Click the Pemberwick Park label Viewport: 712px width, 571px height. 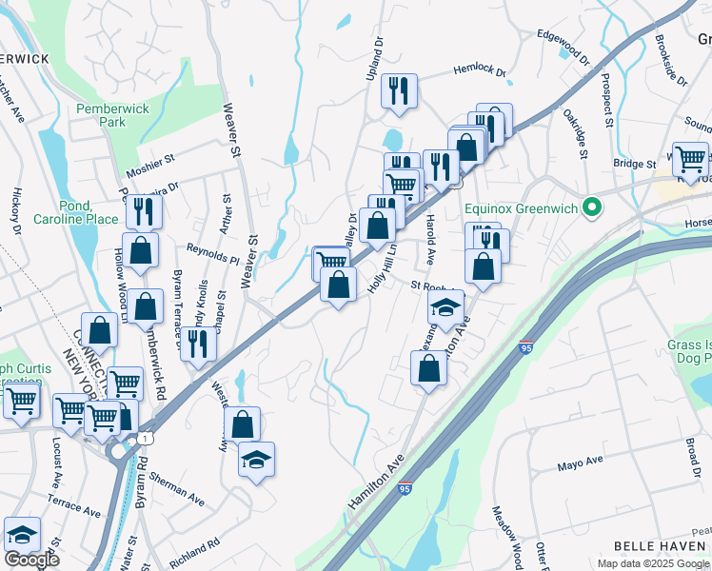(x=113, y=115)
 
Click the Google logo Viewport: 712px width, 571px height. (x=31, y=560)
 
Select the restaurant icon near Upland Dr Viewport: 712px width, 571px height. (x=397, y=91)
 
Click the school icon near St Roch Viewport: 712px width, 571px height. (x=445, y=307)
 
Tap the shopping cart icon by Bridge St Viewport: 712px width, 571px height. (x=690, y=158)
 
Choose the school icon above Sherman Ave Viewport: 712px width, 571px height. (x=256, y=460)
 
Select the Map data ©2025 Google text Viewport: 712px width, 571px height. (x=654, y=562)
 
